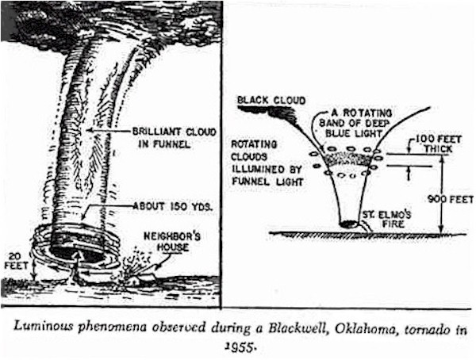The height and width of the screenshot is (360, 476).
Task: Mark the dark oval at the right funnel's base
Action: [x=347, y=225]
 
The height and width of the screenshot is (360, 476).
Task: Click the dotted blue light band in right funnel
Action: [x=347, y=159]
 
